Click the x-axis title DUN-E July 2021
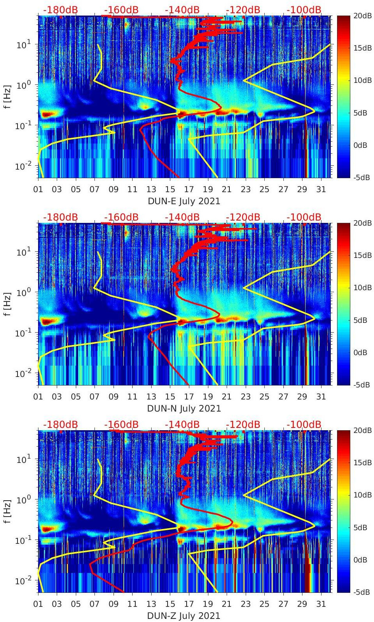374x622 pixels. [x=184, y=201]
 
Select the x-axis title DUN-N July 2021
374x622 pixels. [x=184, y=408]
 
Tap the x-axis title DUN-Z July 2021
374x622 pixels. [x=184, y=616]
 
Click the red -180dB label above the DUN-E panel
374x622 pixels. [x=60, y=10]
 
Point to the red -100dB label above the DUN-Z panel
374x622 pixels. [x=304, y=424]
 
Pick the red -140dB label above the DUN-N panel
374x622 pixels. [x=182, y=217]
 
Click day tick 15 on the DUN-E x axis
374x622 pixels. [x=170, y=189]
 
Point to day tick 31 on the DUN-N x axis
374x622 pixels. [x=321, y=397]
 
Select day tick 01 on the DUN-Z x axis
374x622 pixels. [x=38, y=604]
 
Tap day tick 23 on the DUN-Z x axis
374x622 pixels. [x=245, y=604]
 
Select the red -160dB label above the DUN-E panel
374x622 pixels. [x=121, y=10]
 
